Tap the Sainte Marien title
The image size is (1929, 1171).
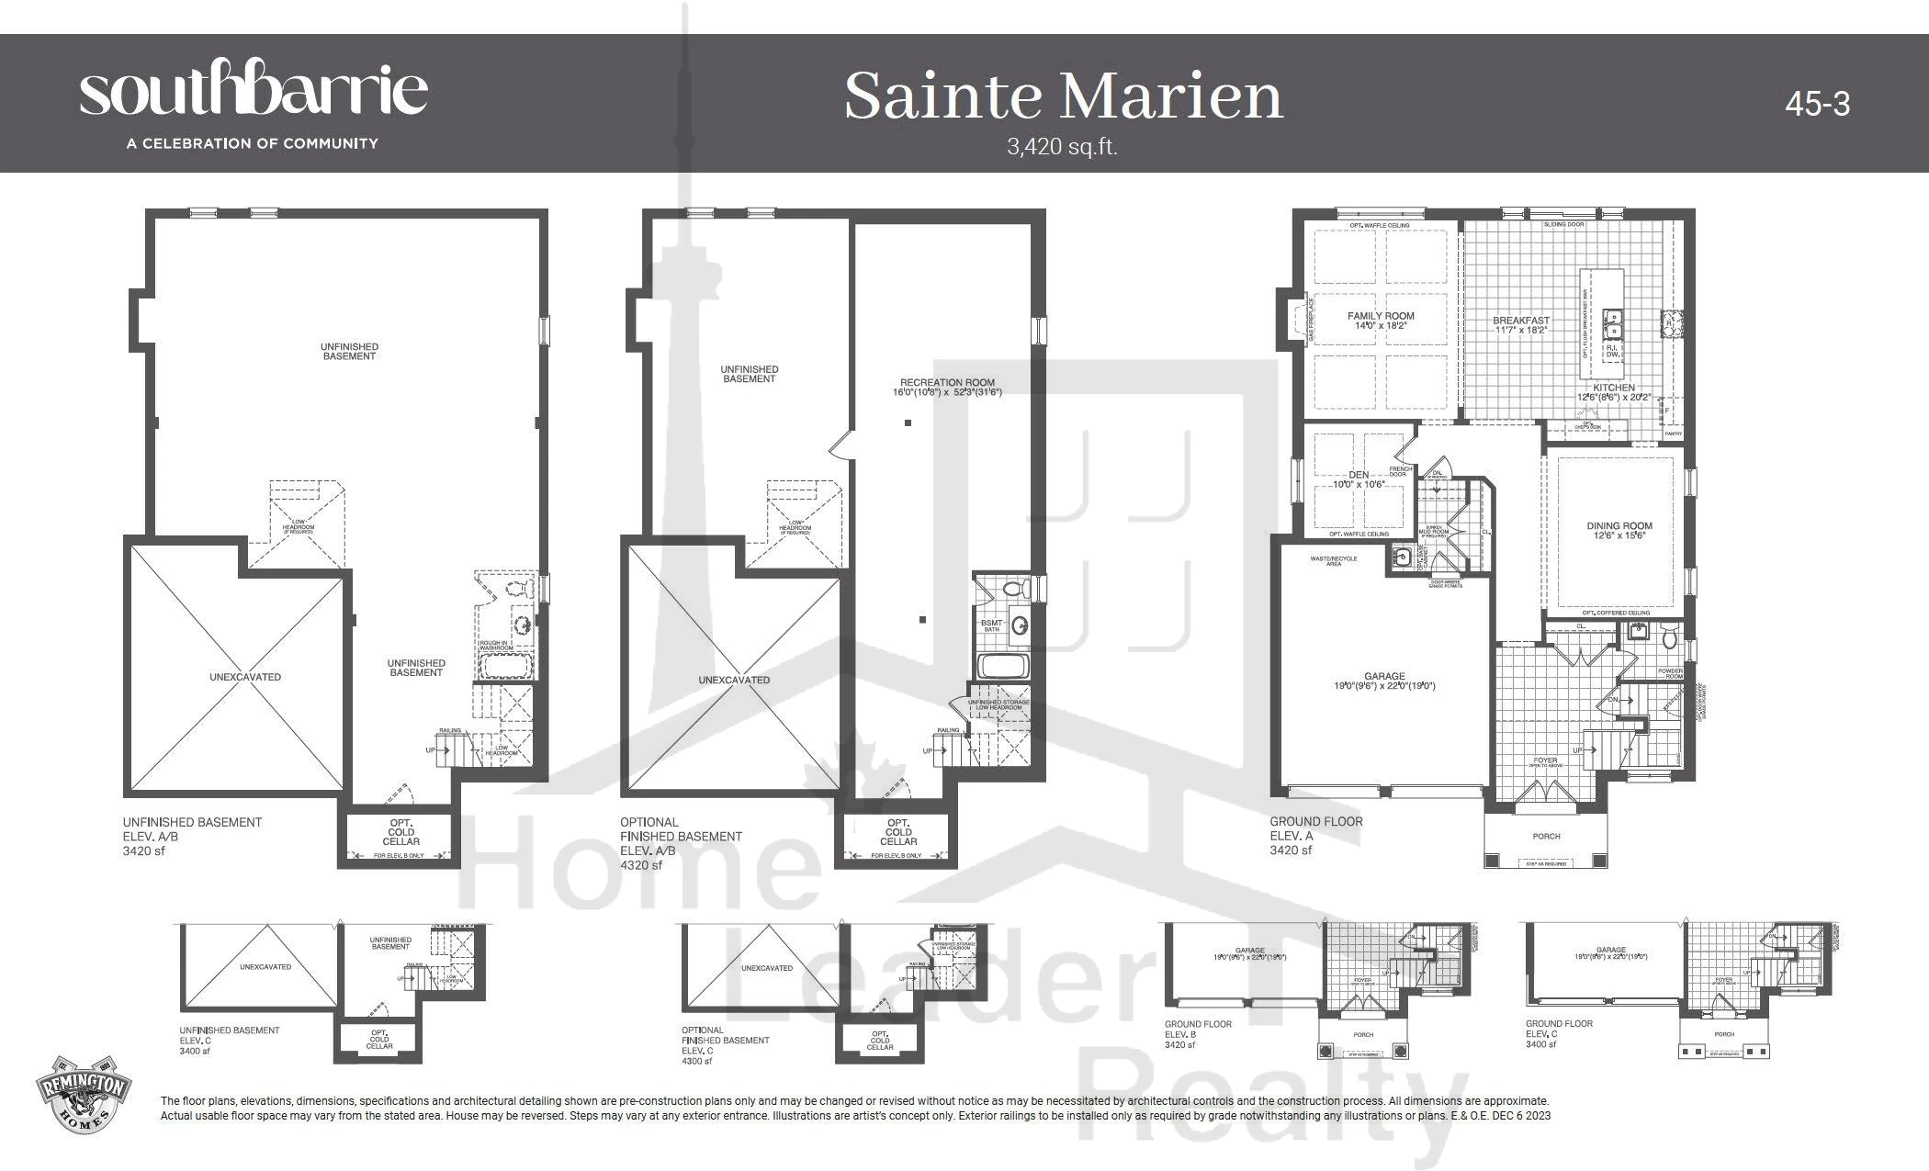click(1063, 96)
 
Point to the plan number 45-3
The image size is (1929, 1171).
click(1817, 104)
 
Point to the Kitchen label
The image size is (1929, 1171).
click(1614, 388)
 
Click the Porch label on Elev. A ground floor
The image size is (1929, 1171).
click(1546, 836)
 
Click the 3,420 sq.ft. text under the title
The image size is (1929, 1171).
click(1062, 147)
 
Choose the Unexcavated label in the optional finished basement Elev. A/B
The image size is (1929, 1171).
click(734, 681)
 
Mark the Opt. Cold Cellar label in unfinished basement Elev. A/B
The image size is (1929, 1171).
click(400, 832)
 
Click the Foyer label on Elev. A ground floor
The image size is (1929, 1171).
click(1545, 761)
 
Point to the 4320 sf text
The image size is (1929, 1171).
click(641, 865)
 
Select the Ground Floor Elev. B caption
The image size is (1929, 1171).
click(1198, 1034)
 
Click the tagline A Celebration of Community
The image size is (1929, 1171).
click(253, 143)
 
